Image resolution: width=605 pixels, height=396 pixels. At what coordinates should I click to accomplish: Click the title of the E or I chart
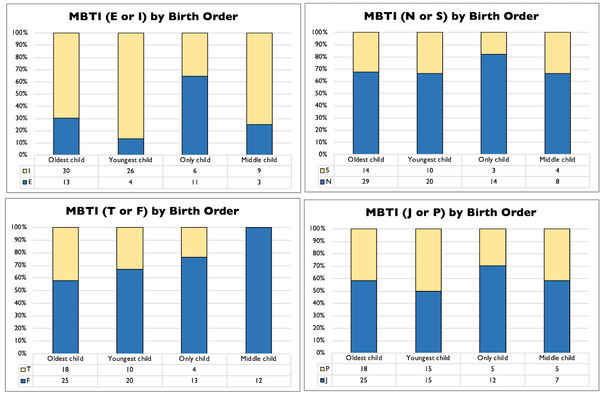(153, 17)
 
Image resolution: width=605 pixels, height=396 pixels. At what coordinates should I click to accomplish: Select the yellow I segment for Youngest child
(131, 85)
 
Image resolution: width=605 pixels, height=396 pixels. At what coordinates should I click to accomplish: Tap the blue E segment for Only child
(195, 115)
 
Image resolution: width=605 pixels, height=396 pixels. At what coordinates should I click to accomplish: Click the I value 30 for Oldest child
(66, 171)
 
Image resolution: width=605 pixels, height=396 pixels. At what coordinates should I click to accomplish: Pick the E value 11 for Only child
(195, 182)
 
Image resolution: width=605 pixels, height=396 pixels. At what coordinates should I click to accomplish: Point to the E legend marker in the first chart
(25, 182)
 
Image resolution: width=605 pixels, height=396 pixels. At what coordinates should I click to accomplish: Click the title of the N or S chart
(451, 16)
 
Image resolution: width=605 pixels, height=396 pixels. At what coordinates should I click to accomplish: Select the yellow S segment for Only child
(493, 43)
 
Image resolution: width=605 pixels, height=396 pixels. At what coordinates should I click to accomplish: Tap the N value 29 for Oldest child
(365, 181)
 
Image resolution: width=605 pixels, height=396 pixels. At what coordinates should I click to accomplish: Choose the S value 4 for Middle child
(557, 170)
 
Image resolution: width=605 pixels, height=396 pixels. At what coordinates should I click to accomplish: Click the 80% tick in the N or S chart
(321, 57)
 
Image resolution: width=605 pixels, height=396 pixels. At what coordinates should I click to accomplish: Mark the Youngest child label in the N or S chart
(430, 159)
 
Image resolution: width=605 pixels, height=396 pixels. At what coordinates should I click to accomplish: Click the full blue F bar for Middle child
(259, 290)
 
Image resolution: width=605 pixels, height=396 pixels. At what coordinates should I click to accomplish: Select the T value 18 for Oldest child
(65, 369)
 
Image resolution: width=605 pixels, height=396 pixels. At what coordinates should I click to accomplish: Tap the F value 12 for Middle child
(259, 381)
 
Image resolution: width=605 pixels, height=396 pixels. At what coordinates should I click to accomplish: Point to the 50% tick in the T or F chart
(20, 290)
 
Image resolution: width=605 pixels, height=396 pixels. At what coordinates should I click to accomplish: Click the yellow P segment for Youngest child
(428, 260)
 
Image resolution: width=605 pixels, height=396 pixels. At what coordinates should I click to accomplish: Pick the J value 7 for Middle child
(557, 380)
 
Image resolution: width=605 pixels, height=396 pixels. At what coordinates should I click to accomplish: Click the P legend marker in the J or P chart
(322, 369)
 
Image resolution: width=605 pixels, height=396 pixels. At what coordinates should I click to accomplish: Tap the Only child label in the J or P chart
(492, 358)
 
